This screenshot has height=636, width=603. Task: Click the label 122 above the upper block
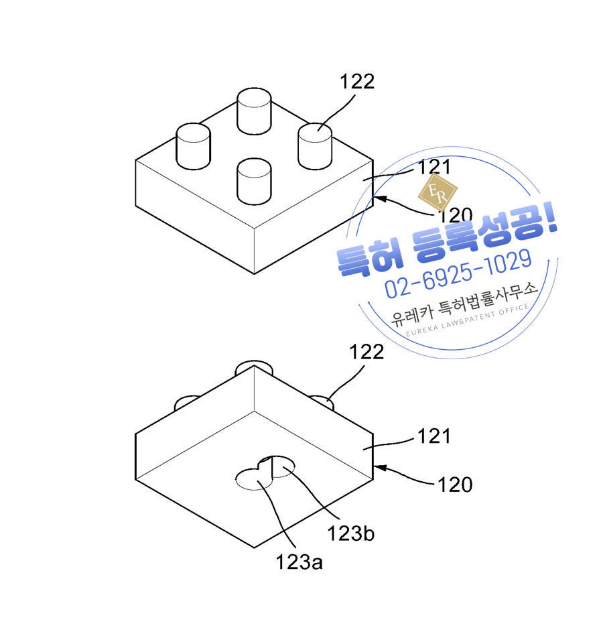pyautogui.click(x=357, y=82)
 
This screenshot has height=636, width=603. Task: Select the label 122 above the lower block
pyautogui.click(x=366, y=352)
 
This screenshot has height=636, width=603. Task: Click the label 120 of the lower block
pyautogui.click(x=455, y=485)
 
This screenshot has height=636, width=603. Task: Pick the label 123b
pyautogui.click(x=351, y=533)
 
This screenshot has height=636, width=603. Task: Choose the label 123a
pyautogui.click(x=299, y=562)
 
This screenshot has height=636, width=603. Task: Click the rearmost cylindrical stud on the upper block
pyautogui.click(x=254, y=111)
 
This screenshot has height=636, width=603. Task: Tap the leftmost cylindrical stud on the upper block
pyautogui.click(x=193, y=146)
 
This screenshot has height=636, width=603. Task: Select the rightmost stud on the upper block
pyautogui.click(x=315, y=146)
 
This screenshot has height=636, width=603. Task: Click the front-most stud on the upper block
pyautogui.click(x=254, y=182)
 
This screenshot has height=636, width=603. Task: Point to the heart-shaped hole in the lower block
pyautogui.click(x=265, y=473)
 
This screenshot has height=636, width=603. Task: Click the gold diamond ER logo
pyautogui.click(x=438, y=193)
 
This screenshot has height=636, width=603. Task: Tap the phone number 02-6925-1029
pyautogui.click(x=458, y=273)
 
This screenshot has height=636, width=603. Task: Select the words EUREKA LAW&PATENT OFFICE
pyautogui.click(x=467, y=320)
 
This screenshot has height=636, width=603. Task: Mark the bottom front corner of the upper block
pyautogui.click(x=254, y=274)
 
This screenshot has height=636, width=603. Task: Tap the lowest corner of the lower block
pyautogui.click(x=254, y=548)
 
